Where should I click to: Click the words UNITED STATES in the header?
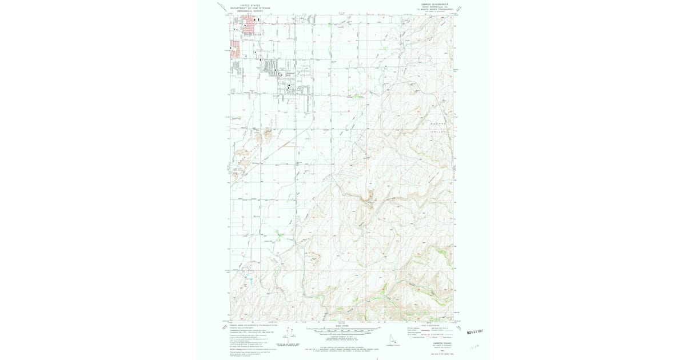point(250,5)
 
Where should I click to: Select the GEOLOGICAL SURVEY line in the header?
point(250,11)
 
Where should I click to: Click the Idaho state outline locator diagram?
point(392,339)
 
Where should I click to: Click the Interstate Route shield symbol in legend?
point(410,337)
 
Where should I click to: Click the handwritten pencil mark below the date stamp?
point(474,347)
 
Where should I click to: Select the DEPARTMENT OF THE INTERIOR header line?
point(250,8)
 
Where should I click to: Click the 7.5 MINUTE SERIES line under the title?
point(437,9)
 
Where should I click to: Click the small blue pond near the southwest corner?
point(249,278)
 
